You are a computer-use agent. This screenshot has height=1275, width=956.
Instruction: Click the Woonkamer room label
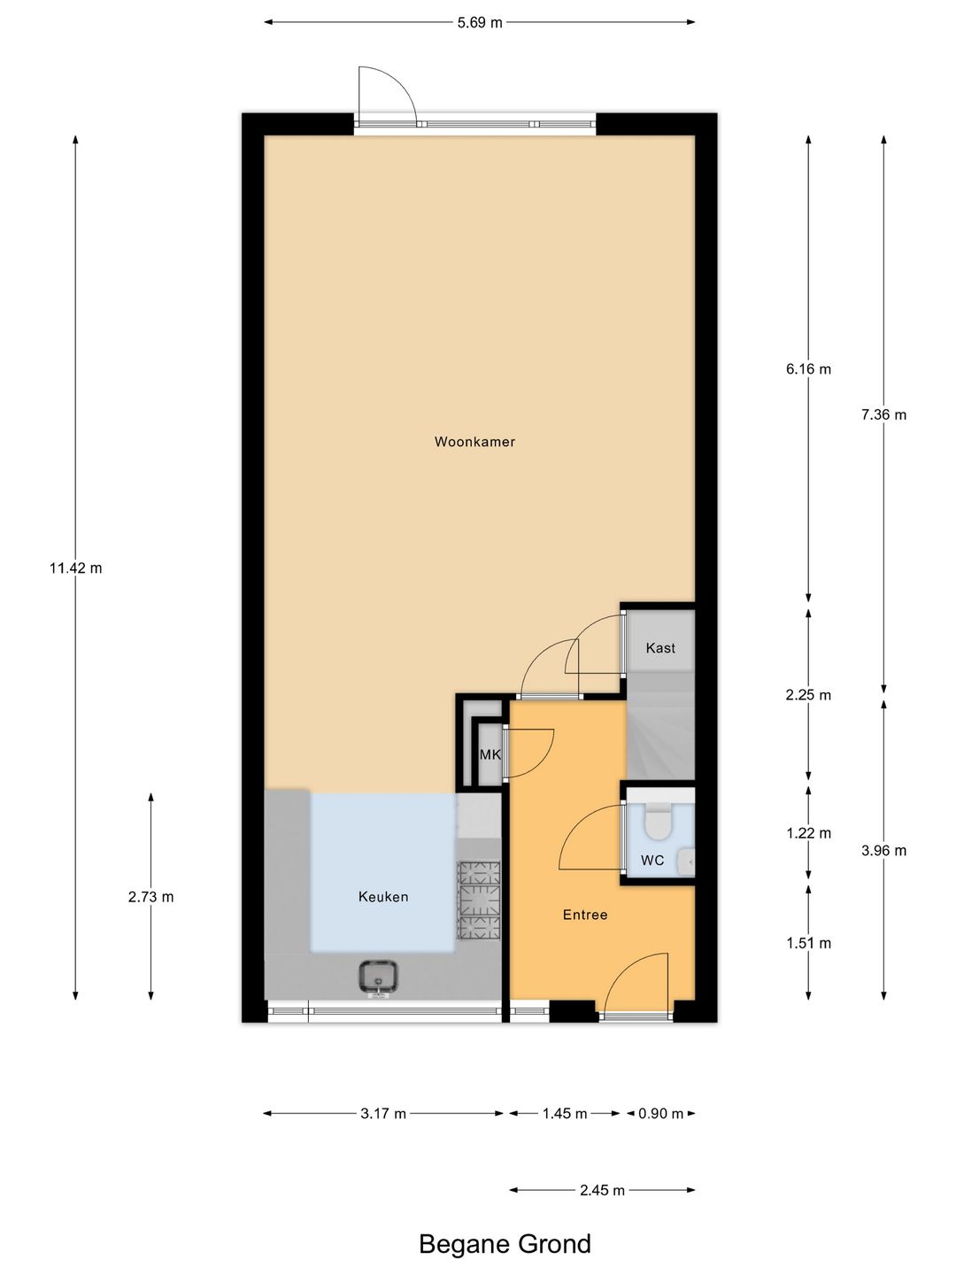coord(474,442)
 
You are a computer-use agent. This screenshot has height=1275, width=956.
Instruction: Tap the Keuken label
coord(383,897)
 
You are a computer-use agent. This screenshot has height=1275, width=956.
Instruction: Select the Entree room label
coord(585,915)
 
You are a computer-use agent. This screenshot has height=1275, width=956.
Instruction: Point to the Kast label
coord(660,648)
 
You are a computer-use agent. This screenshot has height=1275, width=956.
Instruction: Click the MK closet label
coord(490,755)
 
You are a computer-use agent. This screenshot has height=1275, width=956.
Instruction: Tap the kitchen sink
coord(379,977)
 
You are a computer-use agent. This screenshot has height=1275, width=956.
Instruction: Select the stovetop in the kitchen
coord(478,900)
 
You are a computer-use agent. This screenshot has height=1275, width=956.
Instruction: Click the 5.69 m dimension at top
coord(480,23)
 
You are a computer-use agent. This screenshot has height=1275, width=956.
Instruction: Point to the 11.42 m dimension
coord(75,568)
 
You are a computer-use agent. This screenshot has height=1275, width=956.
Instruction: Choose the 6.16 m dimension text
coord(808,369)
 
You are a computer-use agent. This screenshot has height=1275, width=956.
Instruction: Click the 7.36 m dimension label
coord(883,414)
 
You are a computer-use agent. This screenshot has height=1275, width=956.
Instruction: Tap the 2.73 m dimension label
coord(150,897)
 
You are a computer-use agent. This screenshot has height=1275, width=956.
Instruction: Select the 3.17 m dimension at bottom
coord(383,1114)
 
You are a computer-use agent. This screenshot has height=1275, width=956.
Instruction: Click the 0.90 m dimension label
coord(660,1114)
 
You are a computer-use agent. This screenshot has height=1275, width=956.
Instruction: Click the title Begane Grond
coord(505,1244)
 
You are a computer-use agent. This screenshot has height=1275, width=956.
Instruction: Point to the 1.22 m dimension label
coord(808,833)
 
